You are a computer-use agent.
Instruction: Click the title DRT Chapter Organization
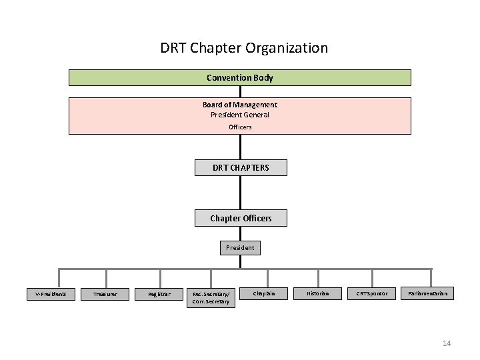click(x=244, y=48)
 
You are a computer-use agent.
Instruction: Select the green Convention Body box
click(x=240, y=78)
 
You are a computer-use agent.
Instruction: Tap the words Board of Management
click(x=240, y=105)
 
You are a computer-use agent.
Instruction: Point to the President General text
click(x=240, y=115)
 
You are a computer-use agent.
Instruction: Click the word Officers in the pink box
click(x=240, y=127)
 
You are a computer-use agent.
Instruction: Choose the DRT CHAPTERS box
click(x=241, y=167)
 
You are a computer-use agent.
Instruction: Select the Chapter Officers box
click(x=241, y=218)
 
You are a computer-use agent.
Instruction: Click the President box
click(x=240, y=247)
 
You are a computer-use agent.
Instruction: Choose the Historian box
click(x=317, y=293)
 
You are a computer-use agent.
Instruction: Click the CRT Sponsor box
click(x=371, y=293)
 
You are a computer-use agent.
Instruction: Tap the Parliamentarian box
click(x=427, y=293)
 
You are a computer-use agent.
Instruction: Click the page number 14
click(x=447, y=343)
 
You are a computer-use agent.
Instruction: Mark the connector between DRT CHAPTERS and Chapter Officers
click(x=241, y=193)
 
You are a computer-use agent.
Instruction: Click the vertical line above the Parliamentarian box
click(x=431, y=278)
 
